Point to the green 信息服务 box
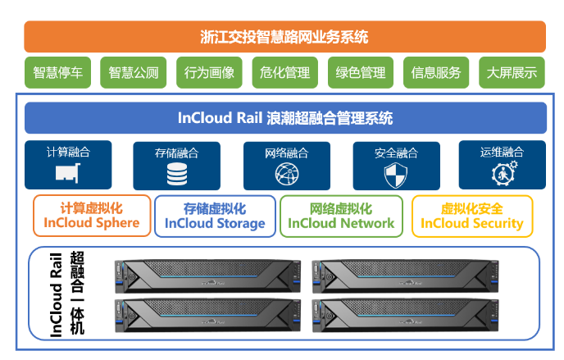(x=436, y=73)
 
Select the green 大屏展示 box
(x=512, y=73)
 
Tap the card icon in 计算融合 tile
(x=67, y=173)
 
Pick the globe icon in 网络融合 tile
(x=286, y=174)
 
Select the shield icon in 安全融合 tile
(x=396, y=174)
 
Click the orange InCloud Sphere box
(x=92, y=216)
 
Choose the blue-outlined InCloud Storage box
(x=215, y=216)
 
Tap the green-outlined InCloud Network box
(x=341, y=216)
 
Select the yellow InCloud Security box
(x=471, y=216)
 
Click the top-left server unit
(x=210, y=276)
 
